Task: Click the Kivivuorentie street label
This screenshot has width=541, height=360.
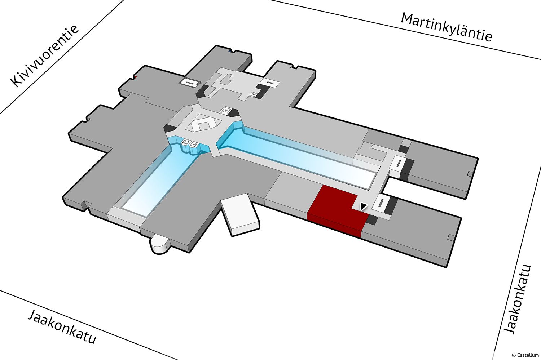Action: pyautogui.click(x=45, y=55)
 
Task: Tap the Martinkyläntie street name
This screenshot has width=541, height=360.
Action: pyautogui.click(x=447, y=27)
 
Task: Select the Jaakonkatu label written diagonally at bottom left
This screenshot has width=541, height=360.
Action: pyautogui.click(x=62, y=327)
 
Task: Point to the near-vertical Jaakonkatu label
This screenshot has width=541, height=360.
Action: pyautogui.click(x=517, y=299)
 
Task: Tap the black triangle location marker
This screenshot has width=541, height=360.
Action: pyautogui.click(x=364, y=206)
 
